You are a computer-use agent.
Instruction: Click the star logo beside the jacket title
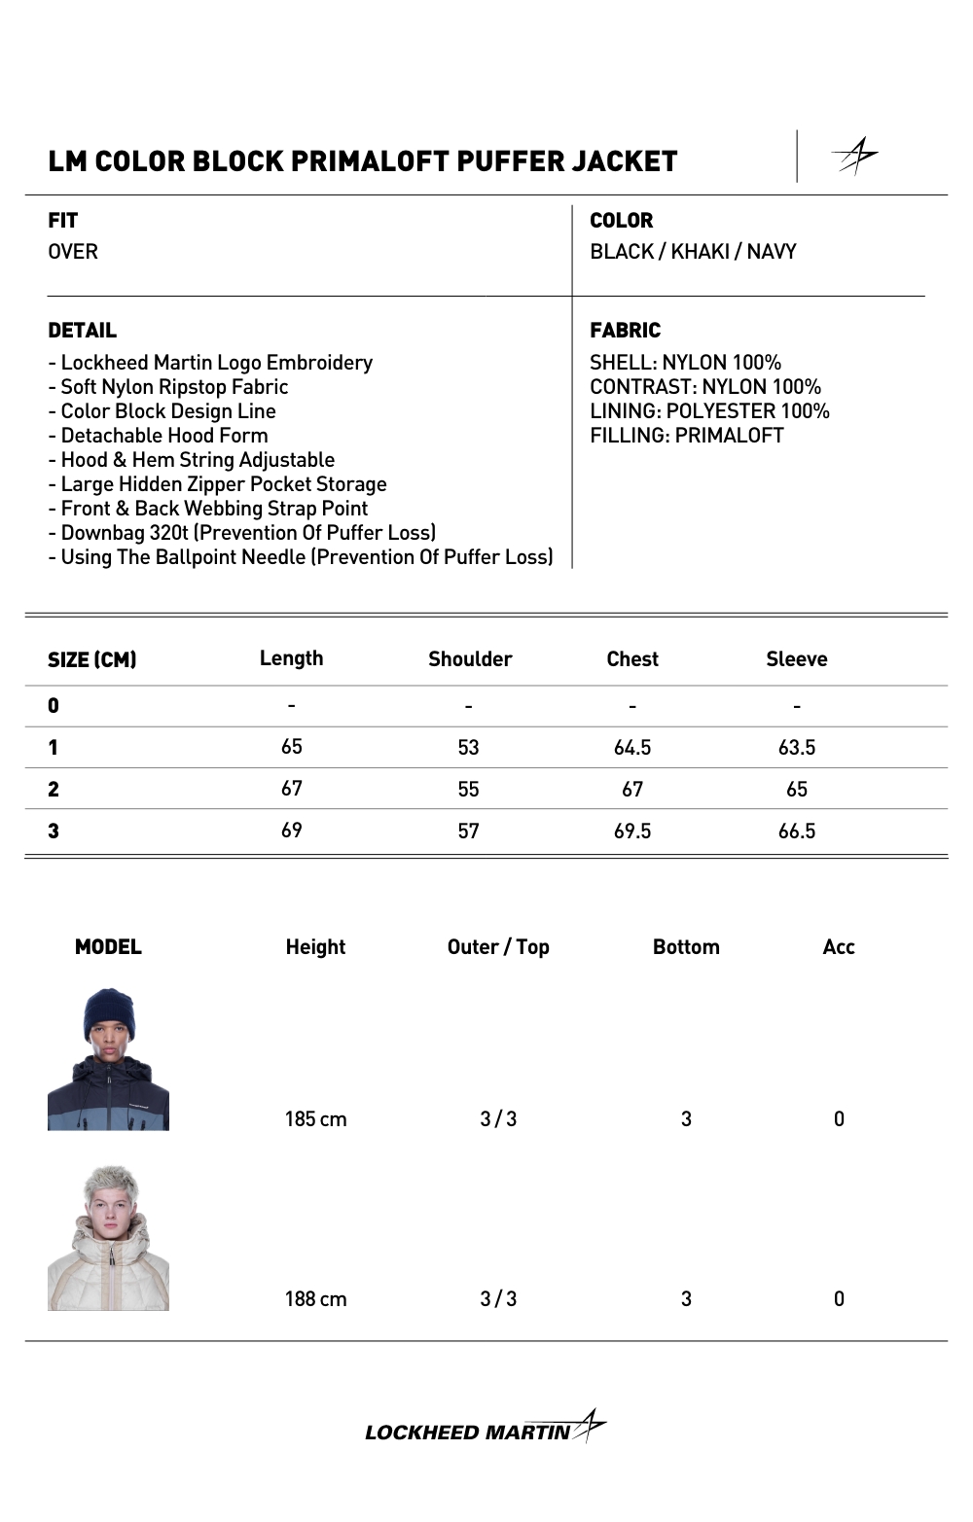pyautogui.click(x=855, y=156)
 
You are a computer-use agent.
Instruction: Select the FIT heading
pyautogui.click(x=63, y=221)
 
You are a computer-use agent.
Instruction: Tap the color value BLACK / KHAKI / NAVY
pyautogui.click(x=693, y=252)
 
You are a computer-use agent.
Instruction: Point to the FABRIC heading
pyautogui.click(x=625, y=331)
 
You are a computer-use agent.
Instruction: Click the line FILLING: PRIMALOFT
pyautogui.click(x=686, y=436)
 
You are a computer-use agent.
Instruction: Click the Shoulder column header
pyautogui.click(x=470, y=659)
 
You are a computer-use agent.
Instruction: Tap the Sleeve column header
pyautogui.click(x=796, y=659)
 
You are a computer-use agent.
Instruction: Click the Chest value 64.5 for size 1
pyautogui.click(x=632, y=748)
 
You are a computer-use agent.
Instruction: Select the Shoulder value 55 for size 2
pyautogui.click(x=468, y=790)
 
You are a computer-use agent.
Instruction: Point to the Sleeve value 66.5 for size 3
pyautogui.click(x=796, y=832)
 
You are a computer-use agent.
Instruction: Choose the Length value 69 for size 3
pyautogui.click(x=292, y=831)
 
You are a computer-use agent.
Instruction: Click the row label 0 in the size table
pyautogui.click(x=54, y=706)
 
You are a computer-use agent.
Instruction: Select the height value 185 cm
pyautogui.click(x=315, y=1119)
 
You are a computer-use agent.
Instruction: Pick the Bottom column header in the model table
pyautogui.click(x=686, y=947)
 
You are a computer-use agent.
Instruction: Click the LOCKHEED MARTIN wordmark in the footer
pyautogui.click(x=468, y=1433)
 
